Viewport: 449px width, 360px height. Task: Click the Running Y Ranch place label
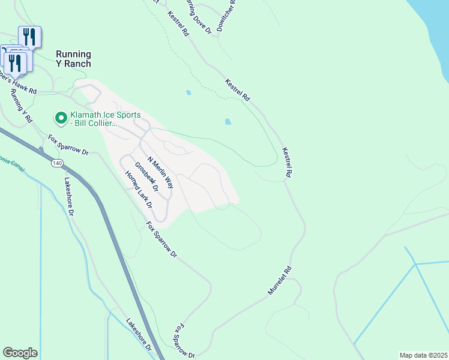73,59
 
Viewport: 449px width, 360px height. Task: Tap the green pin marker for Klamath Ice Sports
61,117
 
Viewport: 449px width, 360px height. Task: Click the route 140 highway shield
57,163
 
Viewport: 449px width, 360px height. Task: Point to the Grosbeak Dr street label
146,177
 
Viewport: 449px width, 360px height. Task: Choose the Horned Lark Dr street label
137,190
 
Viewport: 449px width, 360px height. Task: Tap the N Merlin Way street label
160,174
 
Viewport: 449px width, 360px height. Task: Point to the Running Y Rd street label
21,106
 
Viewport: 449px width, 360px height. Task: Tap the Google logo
20,353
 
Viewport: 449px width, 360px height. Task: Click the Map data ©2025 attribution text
424,355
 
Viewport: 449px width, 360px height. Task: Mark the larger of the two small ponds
228,122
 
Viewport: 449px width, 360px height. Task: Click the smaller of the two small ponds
189,93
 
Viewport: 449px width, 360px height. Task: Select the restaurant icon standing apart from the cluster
30,36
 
